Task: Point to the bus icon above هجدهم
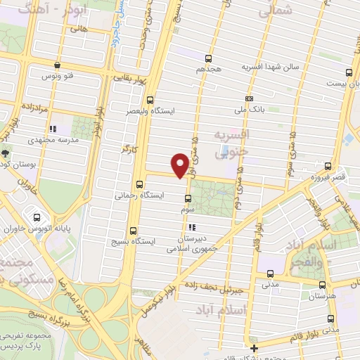click(x=208, y=58)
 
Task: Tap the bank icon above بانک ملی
click(x=249, y=98)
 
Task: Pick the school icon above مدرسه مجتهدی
click(x=52, y=129)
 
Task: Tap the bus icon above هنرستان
click(x=322, y=285)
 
